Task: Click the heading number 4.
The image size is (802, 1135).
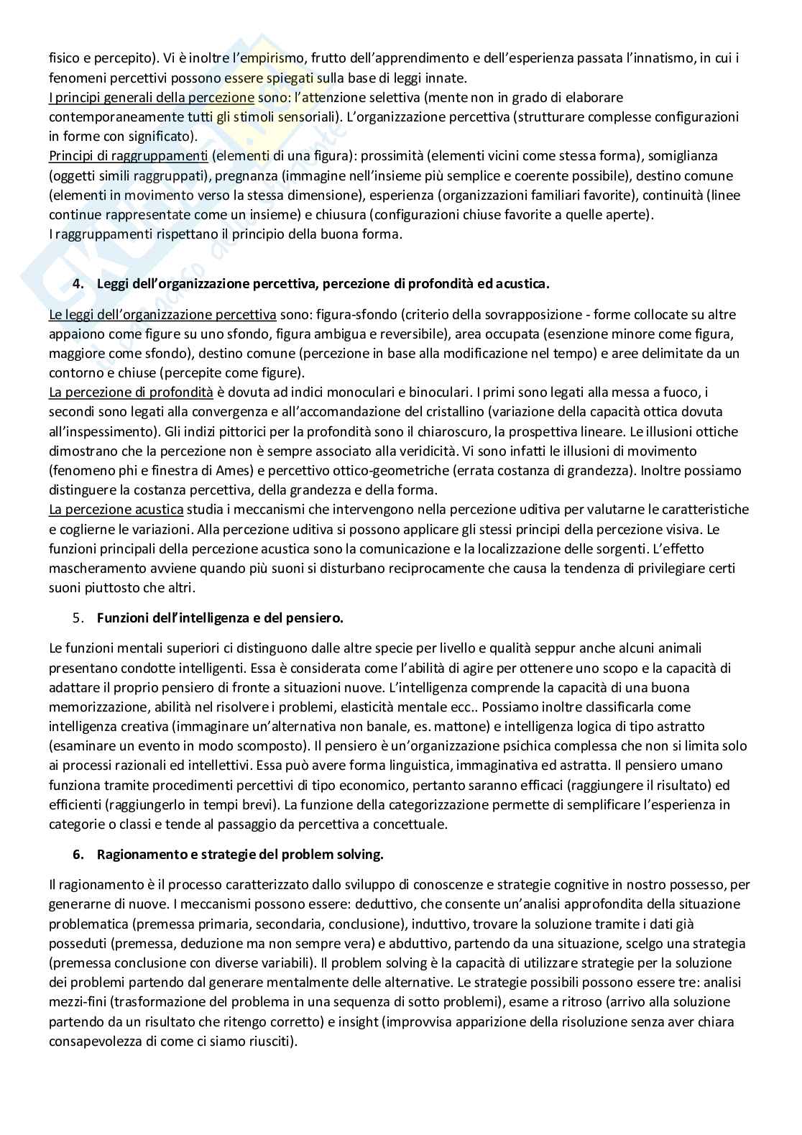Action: point(78,284)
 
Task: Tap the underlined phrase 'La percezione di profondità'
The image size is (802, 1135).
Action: point(131,392)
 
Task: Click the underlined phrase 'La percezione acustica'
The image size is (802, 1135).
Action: point(116,510)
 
